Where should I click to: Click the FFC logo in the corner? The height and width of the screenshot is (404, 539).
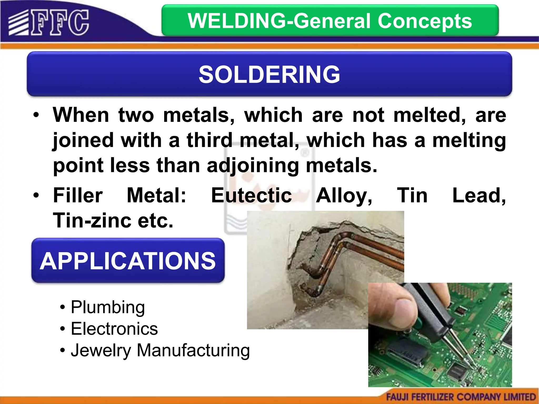49,23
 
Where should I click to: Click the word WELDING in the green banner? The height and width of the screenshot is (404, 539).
237,21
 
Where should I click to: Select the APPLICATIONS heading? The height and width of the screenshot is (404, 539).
128,261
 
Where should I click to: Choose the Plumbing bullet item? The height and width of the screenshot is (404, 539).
108,307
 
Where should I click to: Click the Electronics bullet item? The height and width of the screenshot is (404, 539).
114,329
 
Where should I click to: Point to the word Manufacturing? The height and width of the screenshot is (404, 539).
193,350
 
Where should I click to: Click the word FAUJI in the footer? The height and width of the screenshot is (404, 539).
398,397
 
